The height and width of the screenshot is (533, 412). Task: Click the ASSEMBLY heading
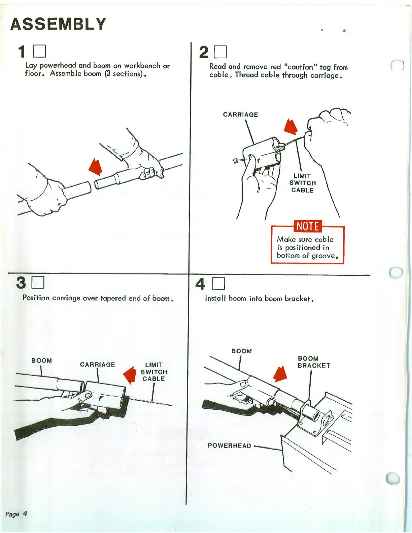[58, 24]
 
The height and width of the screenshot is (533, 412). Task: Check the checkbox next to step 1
[39, 52]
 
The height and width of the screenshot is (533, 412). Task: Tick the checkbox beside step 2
[221, 52]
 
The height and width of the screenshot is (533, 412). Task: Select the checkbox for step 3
[38, 283]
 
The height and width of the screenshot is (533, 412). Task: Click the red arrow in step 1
[96, 167]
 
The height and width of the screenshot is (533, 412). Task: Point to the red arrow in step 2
[291, 127]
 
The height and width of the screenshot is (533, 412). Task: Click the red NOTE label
[308, 226]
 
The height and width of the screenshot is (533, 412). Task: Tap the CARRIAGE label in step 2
[240, 114]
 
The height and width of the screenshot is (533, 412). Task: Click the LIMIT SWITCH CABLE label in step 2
[302, 183]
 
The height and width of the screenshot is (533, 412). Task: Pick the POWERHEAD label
[230, 445]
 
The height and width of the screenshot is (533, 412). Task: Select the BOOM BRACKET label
[314, 362]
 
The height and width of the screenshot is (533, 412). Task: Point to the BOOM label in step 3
[42, 361]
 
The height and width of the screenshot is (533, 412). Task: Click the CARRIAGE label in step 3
[97, 364]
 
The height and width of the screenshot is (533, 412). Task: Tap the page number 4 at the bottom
[25, 513]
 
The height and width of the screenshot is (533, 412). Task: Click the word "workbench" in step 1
[142, 66]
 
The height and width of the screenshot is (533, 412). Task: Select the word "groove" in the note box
[323, 256]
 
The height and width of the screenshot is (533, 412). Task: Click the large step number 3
[21, 283]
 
